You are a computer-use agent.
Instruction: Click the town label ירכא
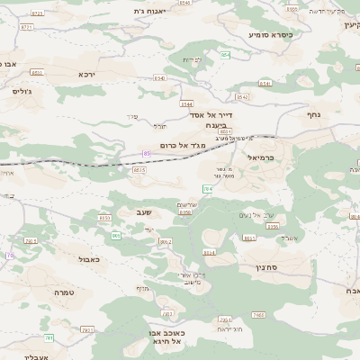(87, 74)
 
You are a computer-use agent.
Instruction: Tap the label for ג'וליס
(22, 91)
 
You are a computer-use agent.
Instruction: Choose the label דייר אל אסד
(211, 115)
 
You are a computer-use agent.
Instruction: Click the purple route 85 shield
(147, 154)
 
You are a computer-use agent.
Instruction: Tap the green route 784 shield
(208, 189)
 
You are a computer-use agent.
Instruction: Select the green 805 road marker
(116, 235)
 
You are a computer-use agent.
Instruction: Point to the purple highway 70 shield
(10, 256)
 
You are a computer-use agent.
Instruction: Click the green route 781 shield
(49, 337)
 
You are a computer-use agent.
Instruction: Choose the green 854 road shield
(225, 57)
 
